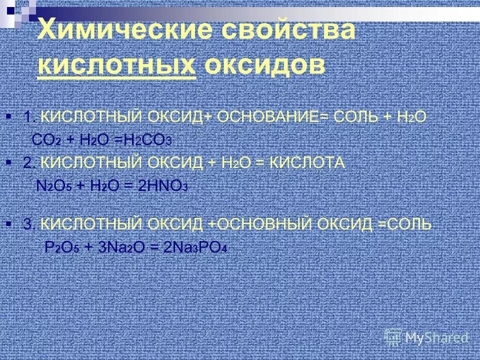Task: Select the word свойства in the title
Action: tap(286, 31)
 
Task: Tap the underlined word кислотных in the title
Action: tap(116, 65)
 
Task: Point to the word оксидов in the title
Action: tap(263, 65)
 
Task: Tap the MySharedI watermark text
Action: tap(436, 338)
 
